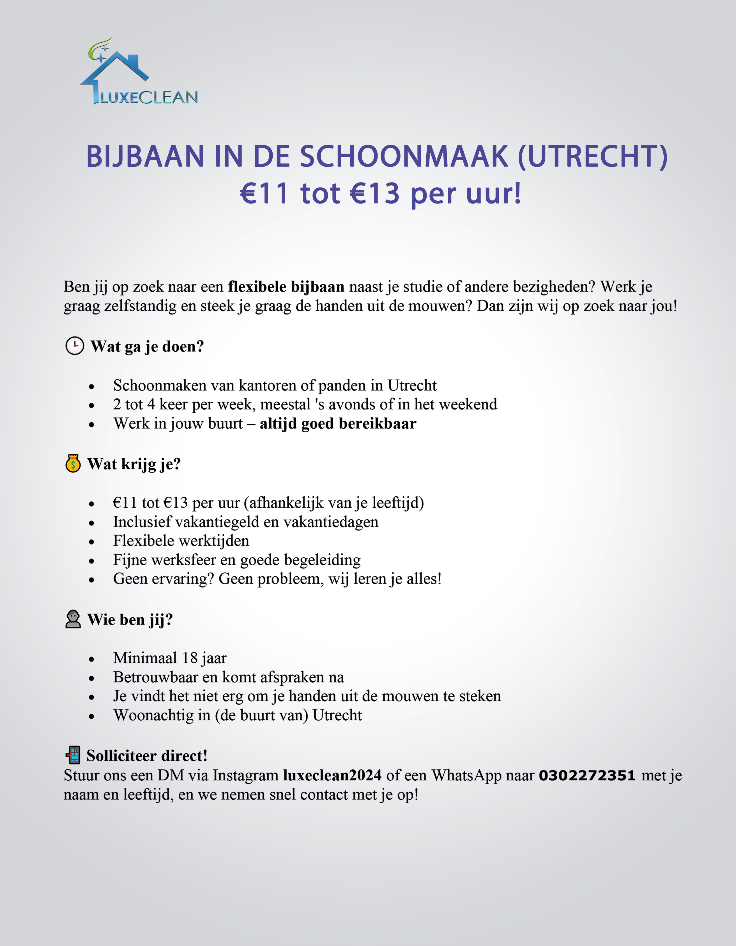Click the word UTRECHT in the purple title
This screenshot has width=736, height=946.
pos(593,156)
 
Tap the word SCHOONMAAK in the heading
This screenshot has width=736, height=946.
pos(404,156)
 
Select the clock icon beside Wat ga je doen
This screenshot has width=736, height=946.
pos(75,346)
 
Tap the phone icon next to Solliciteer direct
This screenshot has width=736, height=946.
pos(73,755)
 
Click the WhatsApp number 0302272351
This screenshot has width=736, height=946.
pos(587,775)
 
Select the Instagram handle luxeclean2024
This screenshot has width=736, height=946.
pos(332,775)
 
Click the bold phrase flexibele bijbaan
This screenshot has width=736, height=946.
pos(286,287)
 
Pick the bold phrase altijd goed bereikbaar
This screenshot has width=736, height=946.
pos(338,424)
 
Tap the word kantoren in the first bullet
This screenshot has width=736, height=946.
pos(266,385)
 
